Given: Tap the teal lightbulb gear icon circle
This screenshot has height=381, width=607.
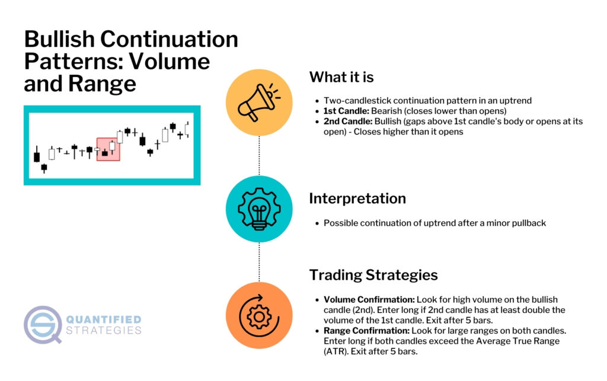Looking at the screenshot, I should [259, 209].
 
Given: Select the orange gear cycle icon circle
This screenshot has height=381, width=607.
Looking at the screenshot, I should [259, 315].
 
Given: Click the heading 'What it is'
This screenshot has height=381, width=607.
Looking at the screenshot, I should [341, 78].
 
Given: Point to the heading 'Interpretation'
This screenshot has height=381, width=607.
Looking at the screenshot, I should [357, 198].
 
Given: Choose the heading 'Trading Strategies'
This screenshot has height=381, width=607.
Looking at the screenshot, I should [373, 275].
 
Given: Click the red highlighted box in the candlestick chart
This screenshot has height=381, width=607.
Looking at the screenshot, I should [108, 149].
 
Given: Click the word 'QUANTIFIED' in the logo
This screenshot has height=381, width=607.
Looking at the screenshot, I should [104, 319].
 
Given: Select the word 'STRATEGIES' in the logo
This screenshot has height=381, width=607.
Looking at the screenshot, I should [104, 330].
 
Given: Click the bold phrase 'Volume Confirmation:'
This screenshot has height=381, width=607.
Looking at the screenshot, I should [369, 300].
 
